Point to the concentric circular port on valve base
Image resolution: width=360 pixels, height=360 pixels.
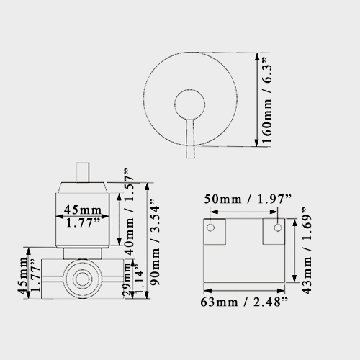(78, 278)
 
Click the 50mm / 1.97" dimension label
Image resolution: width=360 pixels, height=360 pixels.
(245, 199)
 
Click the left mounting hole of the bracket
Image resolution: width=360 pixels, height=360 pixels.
(212, 228)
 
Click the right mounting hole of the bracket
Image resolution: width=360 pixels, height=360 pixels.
(277, 228)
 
